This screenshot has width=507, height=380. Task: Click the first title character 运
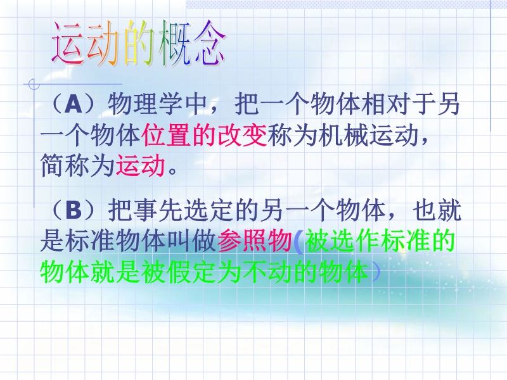pyautogui.click(x=69, y=43)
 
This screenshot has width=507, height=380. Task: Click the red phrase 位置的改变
pyautogui.click(x=204, y=136)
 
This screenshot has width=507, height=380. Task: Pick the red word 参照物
pyautogui.click(x=255, y=241)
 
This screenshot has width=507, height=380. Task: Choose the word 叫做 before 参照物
pyautogui.click(x=192, y=241)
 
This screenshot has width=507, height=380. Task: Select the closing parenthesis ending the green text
pyautogui.click(x=375, y=272)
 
